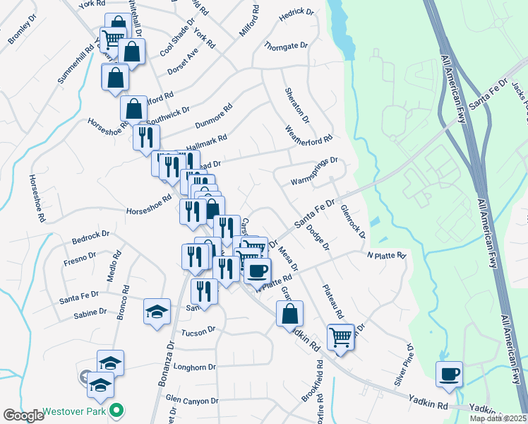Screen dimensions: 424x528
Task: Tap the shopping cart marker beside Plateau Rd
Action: (x=341, y=336)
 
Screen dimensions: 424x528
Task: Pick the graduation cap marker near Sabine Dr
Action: (x=156, y=313)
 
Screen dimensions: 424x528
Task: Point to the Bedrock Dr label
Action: (x=91, y=234)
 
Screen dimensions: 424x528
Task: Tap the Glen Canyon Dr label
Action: (x=192, y=400)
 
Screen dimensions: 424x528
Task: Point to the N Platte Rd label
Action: (x=386, y=254)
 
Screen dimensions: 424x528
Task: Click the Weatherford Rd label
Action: (x=307, y=129)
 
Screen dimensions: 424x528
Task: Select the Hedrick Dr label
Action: (x=296, y=13)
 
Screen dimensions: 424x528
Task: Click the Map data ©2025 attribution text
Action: (x=498, y=418)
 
